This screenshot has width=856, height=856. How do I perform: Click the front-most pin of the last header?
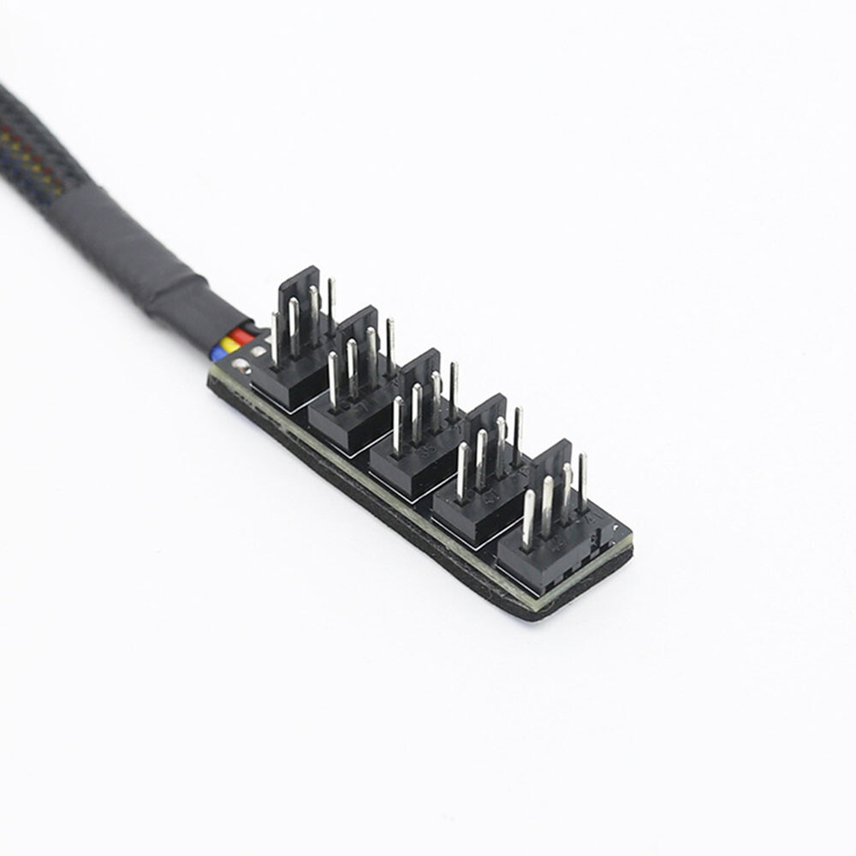pyautogui.click(x=528, y=517)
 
